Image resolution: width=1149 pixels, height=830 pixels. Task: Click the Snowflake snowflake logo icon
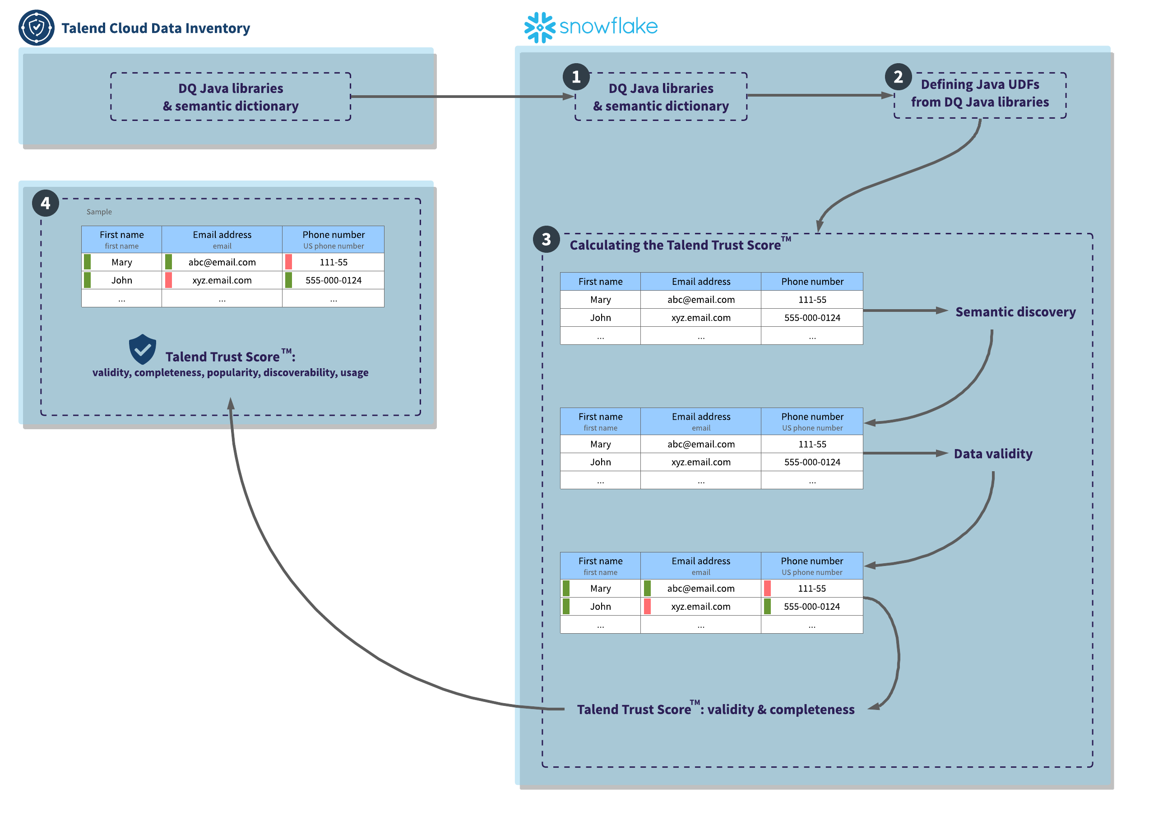540,28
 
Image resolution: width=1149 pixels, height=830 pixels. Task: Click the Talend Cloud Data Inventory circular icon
37,28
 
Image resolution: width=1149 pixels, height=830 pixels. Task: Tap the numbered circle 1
576,77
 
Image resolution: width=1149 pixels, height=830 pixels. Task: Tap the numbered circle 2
899,77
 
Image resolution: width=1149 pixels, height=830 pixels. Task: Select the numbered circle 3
547,240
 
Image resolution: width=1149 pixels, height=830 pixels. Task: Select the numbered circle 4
46,203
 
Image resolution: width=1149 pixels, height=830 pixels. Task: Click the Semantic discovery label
1016,312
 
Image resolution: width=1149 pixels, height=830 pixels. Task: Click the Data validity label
993,454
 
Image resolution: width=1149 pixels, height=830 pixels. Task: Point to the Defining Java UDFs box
980,94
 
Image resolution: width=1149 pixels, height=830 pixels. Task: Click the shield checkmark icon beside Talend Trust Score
142,350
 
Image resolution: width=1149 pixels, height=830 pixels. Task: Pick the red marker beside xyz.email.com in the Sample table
169,280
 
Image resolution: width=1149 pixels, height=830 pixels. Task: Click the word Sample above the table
99,212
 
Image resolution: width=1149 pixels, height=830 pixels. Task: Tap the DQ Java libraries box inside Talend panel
231,97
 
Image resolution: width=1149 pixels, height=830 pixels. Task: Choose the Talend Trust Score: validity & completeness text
716,710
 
